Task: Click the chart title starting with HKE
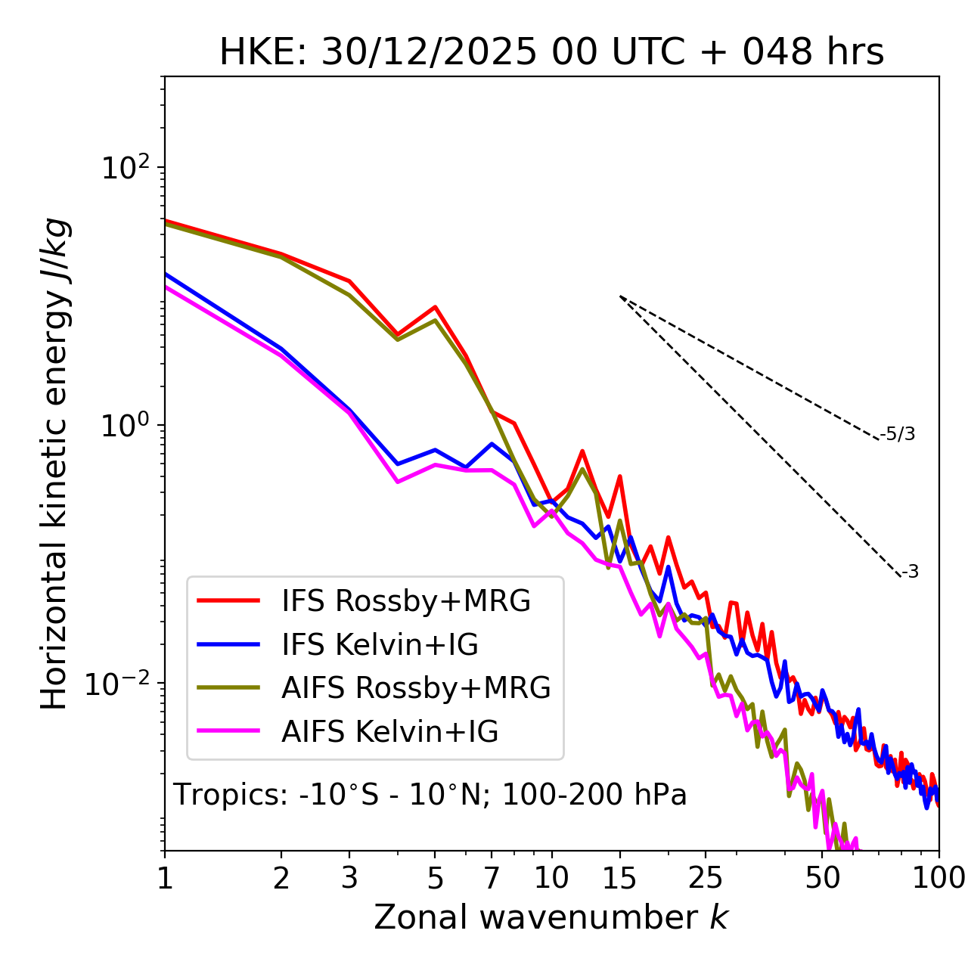(x=551, y=52)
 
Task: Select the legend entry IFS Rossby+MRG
(x=405, y=601)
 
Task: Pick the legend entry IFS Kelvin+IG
(x=380, y=645)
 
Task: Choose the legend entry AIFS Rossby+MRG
(x=416, y=688)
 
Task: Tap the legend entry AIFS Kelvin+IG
(x=389, y=732)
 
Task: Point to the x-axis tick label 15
(x=619, y=878)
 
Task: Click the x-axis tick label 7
(x=492, y=878)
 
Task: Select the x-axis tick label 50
(x=822, y=878)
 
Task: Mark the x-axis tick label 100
(x=939, y=878)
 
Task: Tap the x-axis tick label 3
(x=349, y=878)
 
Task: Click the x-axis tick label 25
(x=705, y=878)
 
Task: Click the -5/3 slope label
(x=898, y=434)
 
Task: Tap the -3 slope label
(x=911, y=572)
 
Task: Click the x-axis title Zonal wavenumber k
(x=551, y=918)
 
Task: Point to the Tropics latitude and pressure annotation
(x=430, y=795)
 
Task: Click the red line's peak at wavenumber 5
(x=435, y=307)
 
